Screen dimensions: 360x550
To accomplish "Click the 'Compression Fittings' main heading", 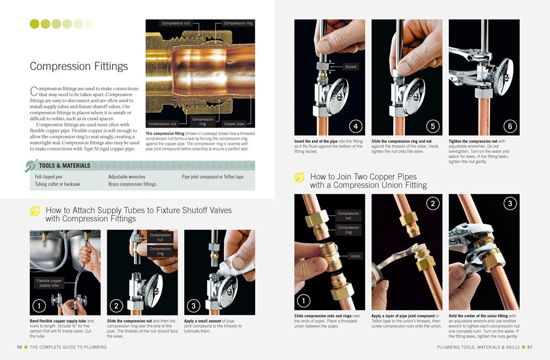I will [x=79, y=67].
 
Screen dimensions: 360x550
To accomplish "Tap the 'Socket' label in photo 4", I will [x=350, y=67].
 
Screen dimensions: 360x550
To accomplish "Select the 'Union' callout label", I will [x=355, y=256].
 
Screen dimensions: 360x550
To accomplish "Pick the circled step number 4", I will [x=355, y=126].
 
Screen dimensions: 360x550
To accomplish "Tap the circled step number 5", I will [x=433, y=126].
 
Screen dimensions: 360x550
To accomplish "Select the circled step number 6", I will [x=510, y=126].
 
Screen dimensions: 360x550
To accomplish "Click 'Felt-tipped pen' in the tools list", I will [x=48, y=177].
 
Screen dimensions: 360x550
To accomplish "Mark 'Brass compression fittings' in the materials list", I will [x=132, y=185].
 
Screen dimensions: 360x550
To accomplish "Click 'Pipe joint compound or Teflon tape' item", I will [x=212, y=177].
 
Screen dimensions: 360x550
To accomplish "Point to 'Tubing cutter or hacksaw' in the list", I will [x=57, y=185].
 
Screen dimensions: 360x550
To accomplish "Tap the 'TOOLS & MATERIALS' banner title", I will [x=64, y=165].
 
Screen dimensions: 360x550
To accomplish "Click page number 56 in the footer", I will [x=19, y=347].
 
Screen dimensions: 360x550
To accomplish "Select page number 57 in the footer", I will [x=530, y=347].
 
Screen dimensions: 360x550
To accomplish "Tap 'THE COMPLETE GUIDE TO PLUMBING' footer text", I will [x=68, y=347].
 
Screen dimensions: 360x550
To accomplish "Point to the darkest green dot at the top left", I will [x=34, y=24].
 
